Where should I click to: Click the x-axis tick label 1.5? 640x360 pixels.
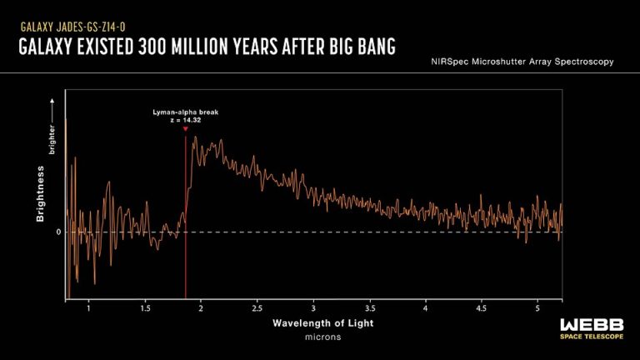pos(145,308)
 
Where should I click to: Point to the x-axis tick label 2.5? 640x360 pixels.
pos(257,308)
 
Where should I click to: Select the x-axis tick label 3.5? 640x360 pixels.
pos(370,308)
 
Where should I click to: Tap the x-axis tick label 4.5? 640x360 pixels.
pos(482,308)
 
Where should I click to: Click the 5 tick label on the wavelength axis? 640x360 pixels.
pos(537,308)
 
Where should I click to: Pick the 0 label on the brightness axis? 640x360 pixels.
pos(58,232)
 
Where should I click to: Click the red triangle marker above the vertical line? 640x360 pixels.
pos(186,129)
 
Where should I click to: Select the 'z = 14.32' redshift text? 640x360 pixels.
pos(186,120)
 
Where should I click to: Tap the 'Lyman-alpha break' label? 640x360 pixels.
pos(186,112)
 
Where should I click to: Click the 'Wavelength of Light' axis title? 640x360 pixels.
pos(322,323)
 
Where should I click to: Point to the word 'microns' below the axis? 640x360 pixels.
pos(322,337)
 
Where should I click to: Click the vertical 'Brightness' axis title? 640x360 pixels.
pos(40,194)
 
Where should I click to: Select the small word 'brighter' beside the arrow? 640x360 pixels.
pos(52,140)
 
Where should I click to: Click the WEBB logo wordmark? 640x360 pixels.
pos(592,325)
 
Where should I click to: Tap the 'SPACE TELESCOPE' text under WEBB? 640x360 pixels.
pos(592,337)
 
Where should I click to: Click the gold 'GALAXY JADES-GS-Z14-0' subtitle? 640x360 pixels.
pos(72,27)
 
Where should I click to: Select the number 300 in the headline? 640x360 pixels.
pos(152,46)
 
